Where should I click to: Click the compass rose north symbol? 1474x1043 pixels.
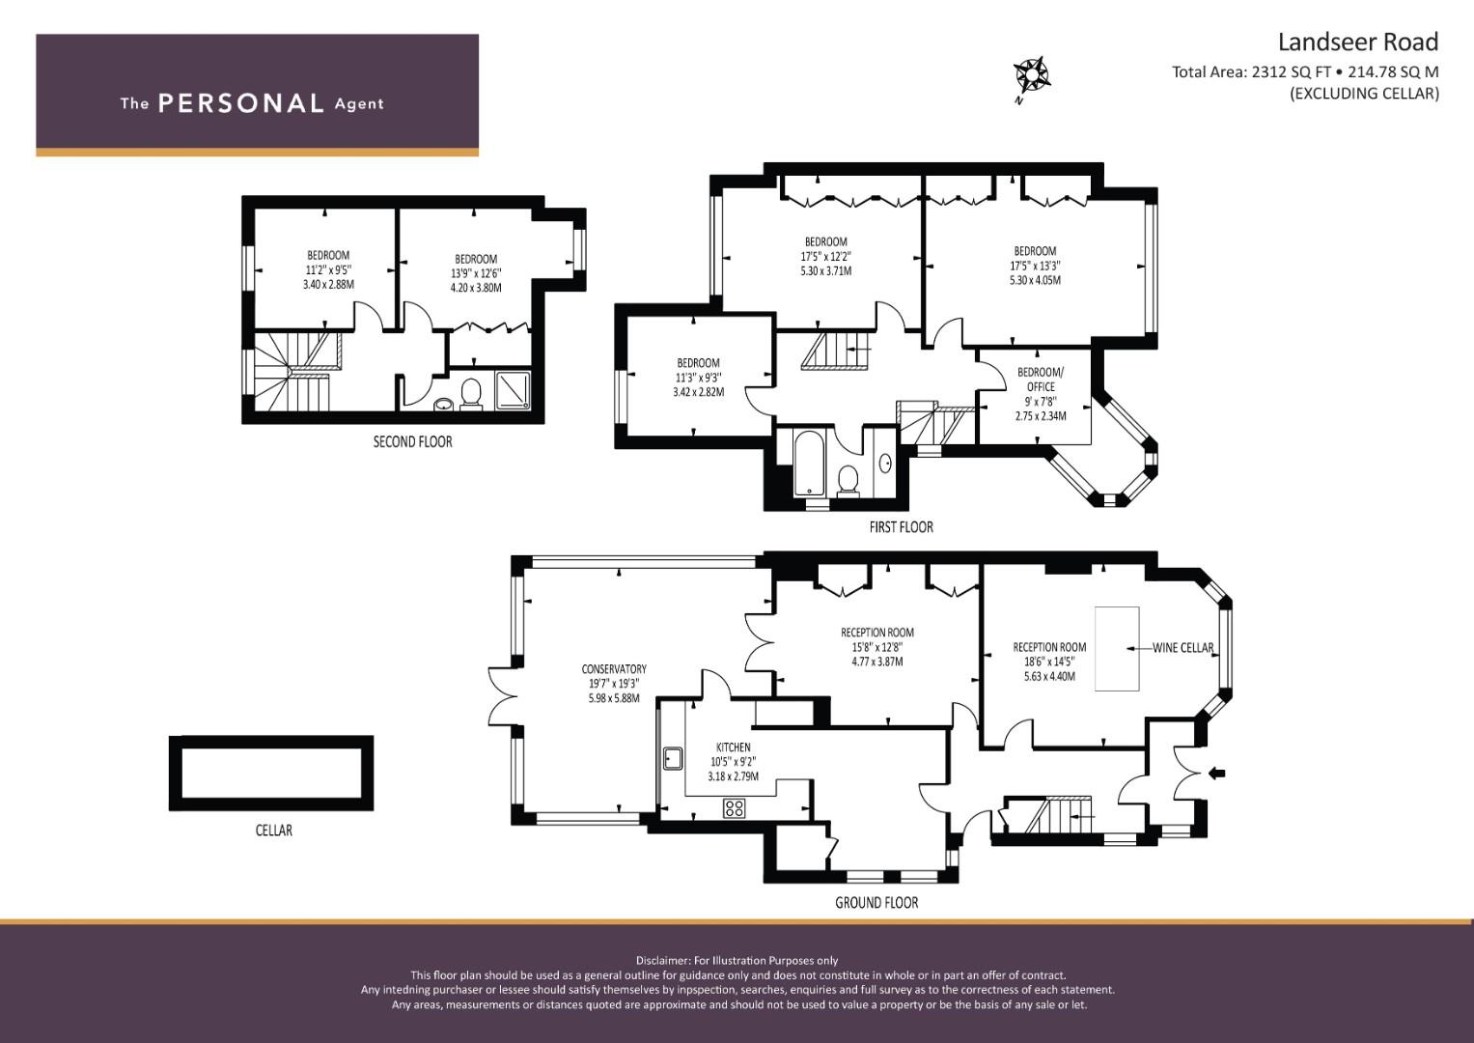tap(1031, 77)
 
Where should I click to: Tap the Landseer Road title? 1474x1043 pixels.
tap(1357, 42)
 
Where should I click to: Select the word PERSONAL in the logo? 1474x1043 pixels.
tap(241, 103)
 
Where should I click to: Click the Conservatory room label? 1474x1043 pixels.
tap(614, 669)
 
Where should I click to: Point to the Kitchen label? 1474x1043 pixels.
tap(733, 747)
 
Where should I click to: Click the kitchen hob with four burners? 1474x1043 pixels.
tap(735, 808)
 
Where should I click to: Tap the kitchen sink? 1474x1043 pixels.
tap(673, 758)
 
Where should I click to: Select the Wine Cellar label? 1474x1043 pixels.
tap(1182, 648)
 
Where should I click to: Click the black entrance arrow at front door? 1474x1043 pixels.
tap(1216, 774)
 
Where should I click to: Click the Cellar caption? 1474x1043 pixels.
tap(274, 831)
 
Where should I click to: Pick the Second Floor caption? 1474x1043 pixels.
tap(412, 442)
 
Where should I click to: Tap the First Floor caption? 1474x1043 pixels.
tap(901, 526)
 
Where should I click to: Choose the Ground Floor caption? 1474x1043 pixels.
tap(876, 903)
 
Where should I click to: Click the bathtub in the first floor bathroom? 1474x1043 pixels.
tap(808, 463)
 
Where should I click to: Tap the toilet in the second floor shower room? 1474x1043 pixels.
tap(471, 394)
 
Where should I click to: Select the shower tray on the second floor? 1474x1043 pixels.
tap(512, 391)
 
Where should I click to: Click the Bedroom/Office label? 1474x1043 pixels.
tap(1041, 380)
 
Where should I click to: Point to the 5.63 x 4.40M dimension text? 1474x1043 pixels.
tap(1049, 676)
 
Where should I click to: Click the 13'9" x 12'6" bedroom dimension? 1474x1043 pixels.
tap(476, 273)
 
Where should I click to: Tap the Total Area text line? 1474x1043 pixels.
tap(1305, 71)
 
